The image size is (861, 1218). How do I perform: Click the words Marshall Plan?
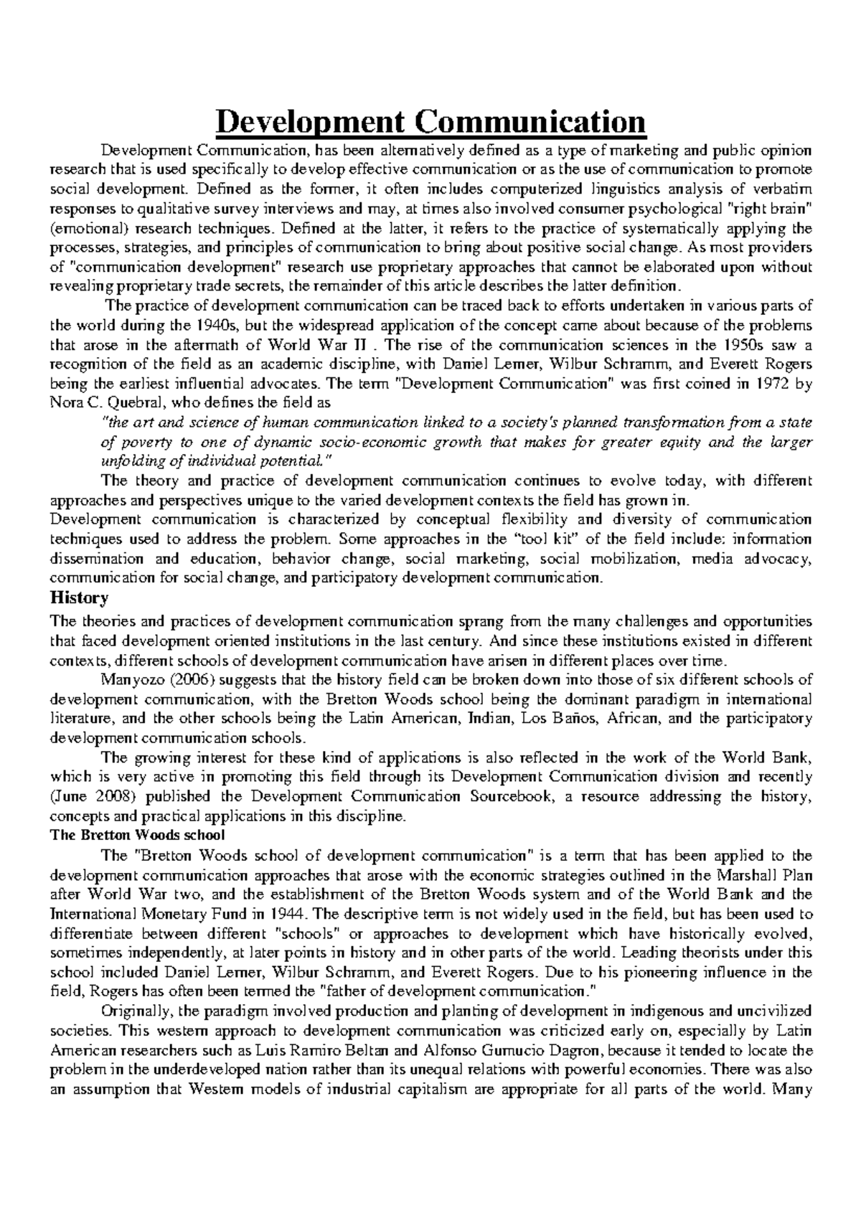(770, 875)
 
